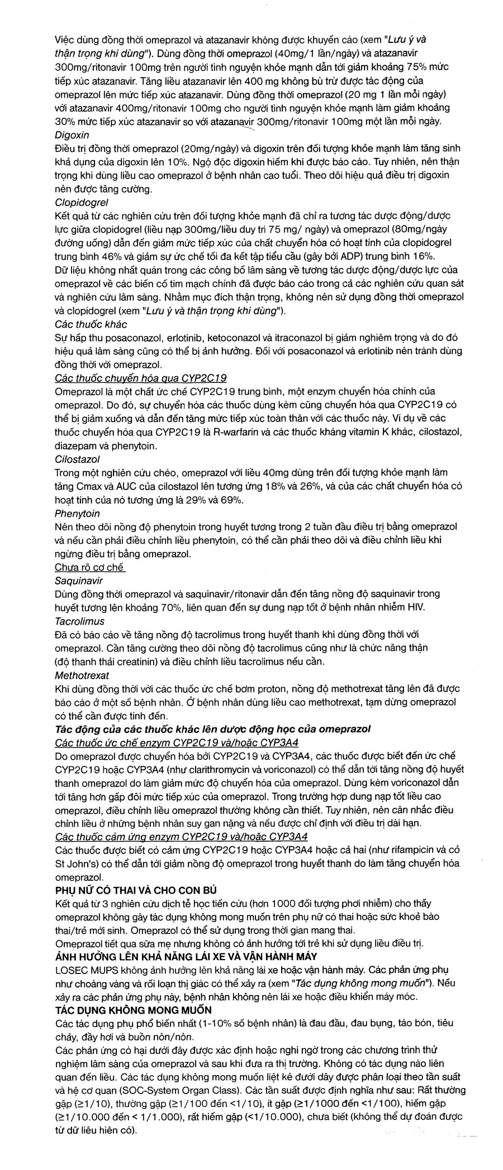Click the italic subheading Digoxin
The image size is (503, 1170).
(72, 135)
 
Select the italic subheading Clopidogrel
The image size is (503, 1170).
(82, 202)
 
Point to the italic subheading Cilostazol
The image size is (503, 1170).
(77, 459)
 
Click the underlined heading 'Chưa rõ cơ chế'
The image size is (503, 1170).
(90, 567)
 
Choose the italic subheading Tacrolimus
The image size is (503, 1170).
(79, 621)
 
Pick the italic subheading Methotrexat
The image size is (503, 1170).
(82, 675)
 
